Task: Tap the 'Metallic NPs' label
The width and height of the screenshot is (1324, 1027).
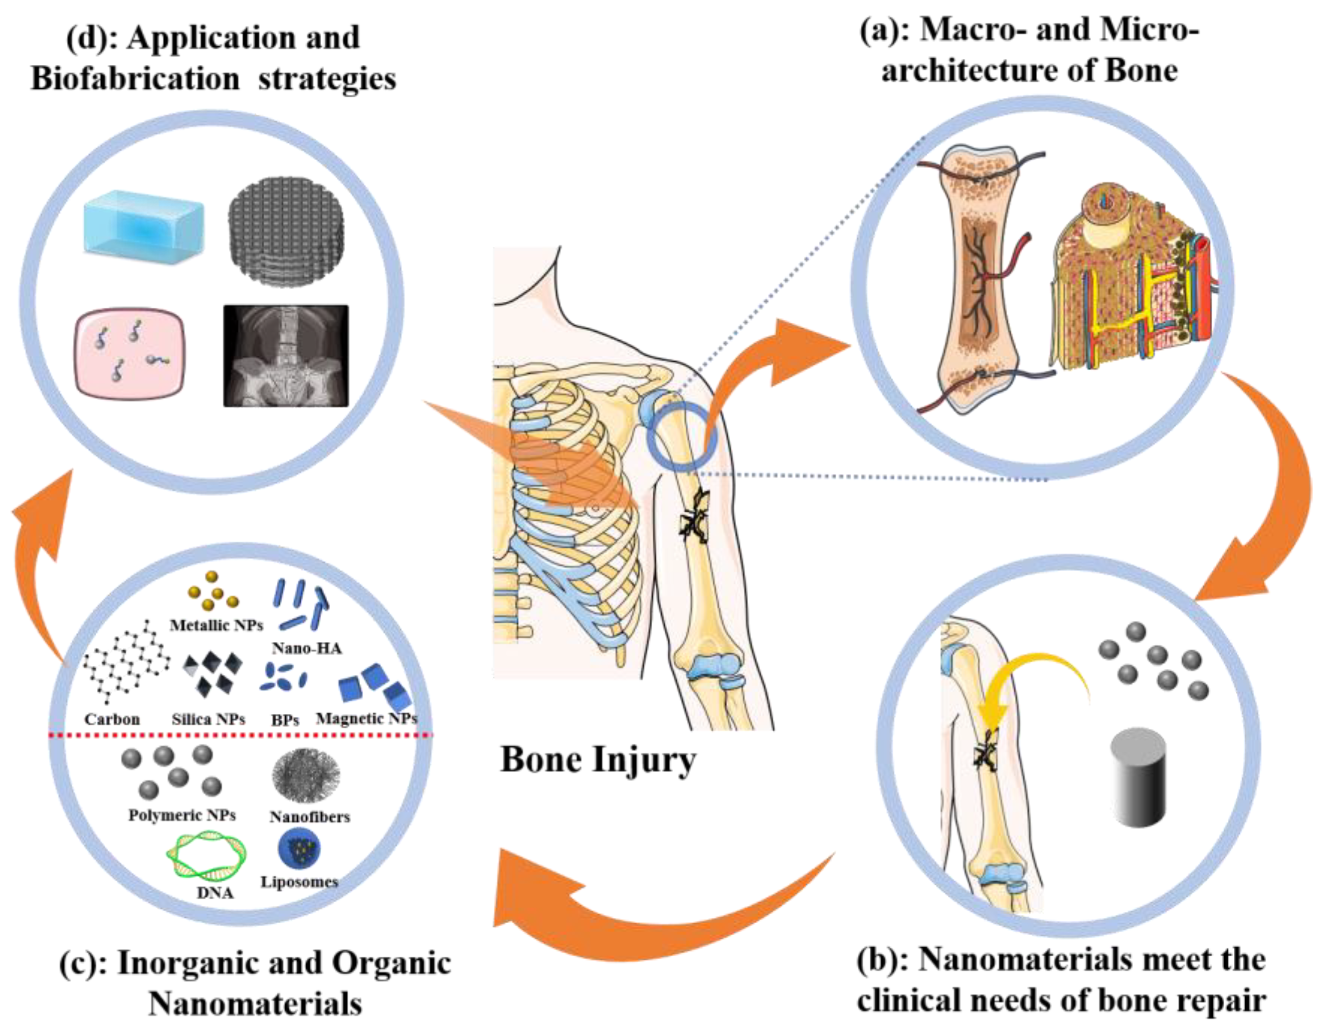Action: pyautogui.click(x=216, y=625)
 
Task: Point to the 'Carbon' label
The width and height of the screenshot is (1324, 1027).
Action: pyautogui.click(x=112, y=720)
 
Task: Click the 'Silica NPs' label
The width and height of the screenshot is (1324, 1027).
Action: pyautogui.click(x=208, y=720)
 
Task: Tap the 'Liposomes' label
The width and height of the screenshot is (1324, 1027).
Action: pyautogui.click(x=300, y=882)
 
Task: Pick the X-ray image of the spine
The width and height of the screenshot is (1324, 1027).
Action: pyautogui.click(x=286, y=355)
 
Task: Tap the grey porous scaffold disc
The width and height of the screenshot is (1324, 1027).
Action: pyautogui.click(x=285, y=231)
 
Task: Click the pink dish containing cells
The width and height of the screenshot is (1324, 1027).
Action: pyautogui.click(x=130, y=352)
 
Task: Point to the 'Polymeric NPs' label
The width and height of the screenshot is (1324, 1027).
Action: pyautogui.click(x=182, y=816)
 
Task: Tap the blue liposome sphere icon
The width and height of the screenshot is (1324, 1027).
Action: pyautogui.click(x=300, y=850)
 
